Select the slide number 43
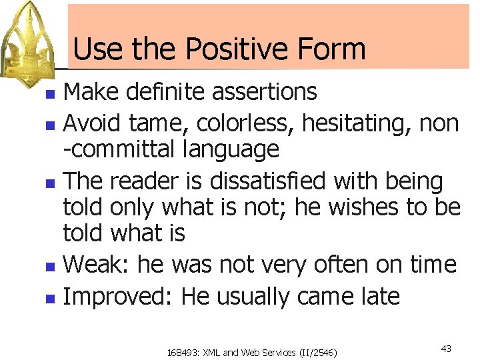[x=447, y=349]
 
